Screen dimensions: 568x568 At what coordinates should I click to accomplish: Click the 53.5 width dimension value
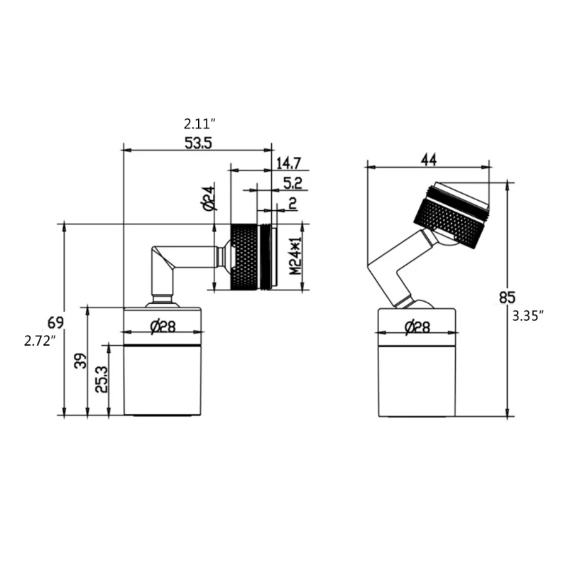click(x=198, y=143)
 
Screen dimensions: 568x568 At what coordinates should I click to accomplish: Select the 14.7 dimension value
click(x=288, y=162)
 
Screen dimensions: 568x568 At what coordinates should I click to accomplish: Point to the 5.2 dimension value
click(x=293, y=183)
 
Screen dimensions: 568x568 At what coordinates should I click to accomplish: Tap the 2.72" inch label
click(x=39, y=341)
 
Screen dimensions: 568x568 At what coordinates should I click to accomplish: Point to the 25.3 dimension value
click(x=102, y=380)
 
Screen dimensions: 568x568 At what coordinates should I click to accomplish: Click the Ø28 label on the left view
click(x=163, y=327)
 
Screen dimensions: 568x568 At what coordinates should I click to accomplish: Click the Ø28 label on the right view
click(x=417, y=327)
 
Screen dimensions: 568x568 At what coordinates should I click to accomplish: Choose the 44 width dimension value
click(x=427, y=160)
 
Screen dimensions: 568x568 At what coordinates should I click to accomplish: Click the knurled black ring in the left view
click(x=246, y=257)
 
